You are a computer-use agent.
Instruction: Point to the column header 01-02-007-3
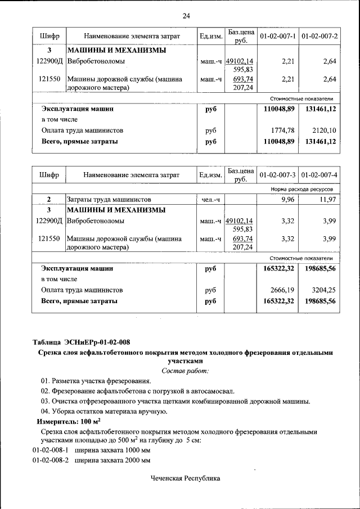277,175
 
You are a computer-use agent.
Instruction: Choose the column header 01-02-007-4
319,175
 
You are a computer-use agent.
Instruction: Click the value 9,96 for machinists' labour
287,200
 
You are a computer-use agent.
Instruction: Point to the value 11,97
327,200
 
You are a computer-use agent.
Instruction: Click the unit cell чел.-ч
210,200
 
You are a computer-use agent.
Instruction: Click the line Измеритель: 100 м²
69,421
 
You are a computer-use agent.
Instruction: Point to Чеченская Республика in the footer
185,479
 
